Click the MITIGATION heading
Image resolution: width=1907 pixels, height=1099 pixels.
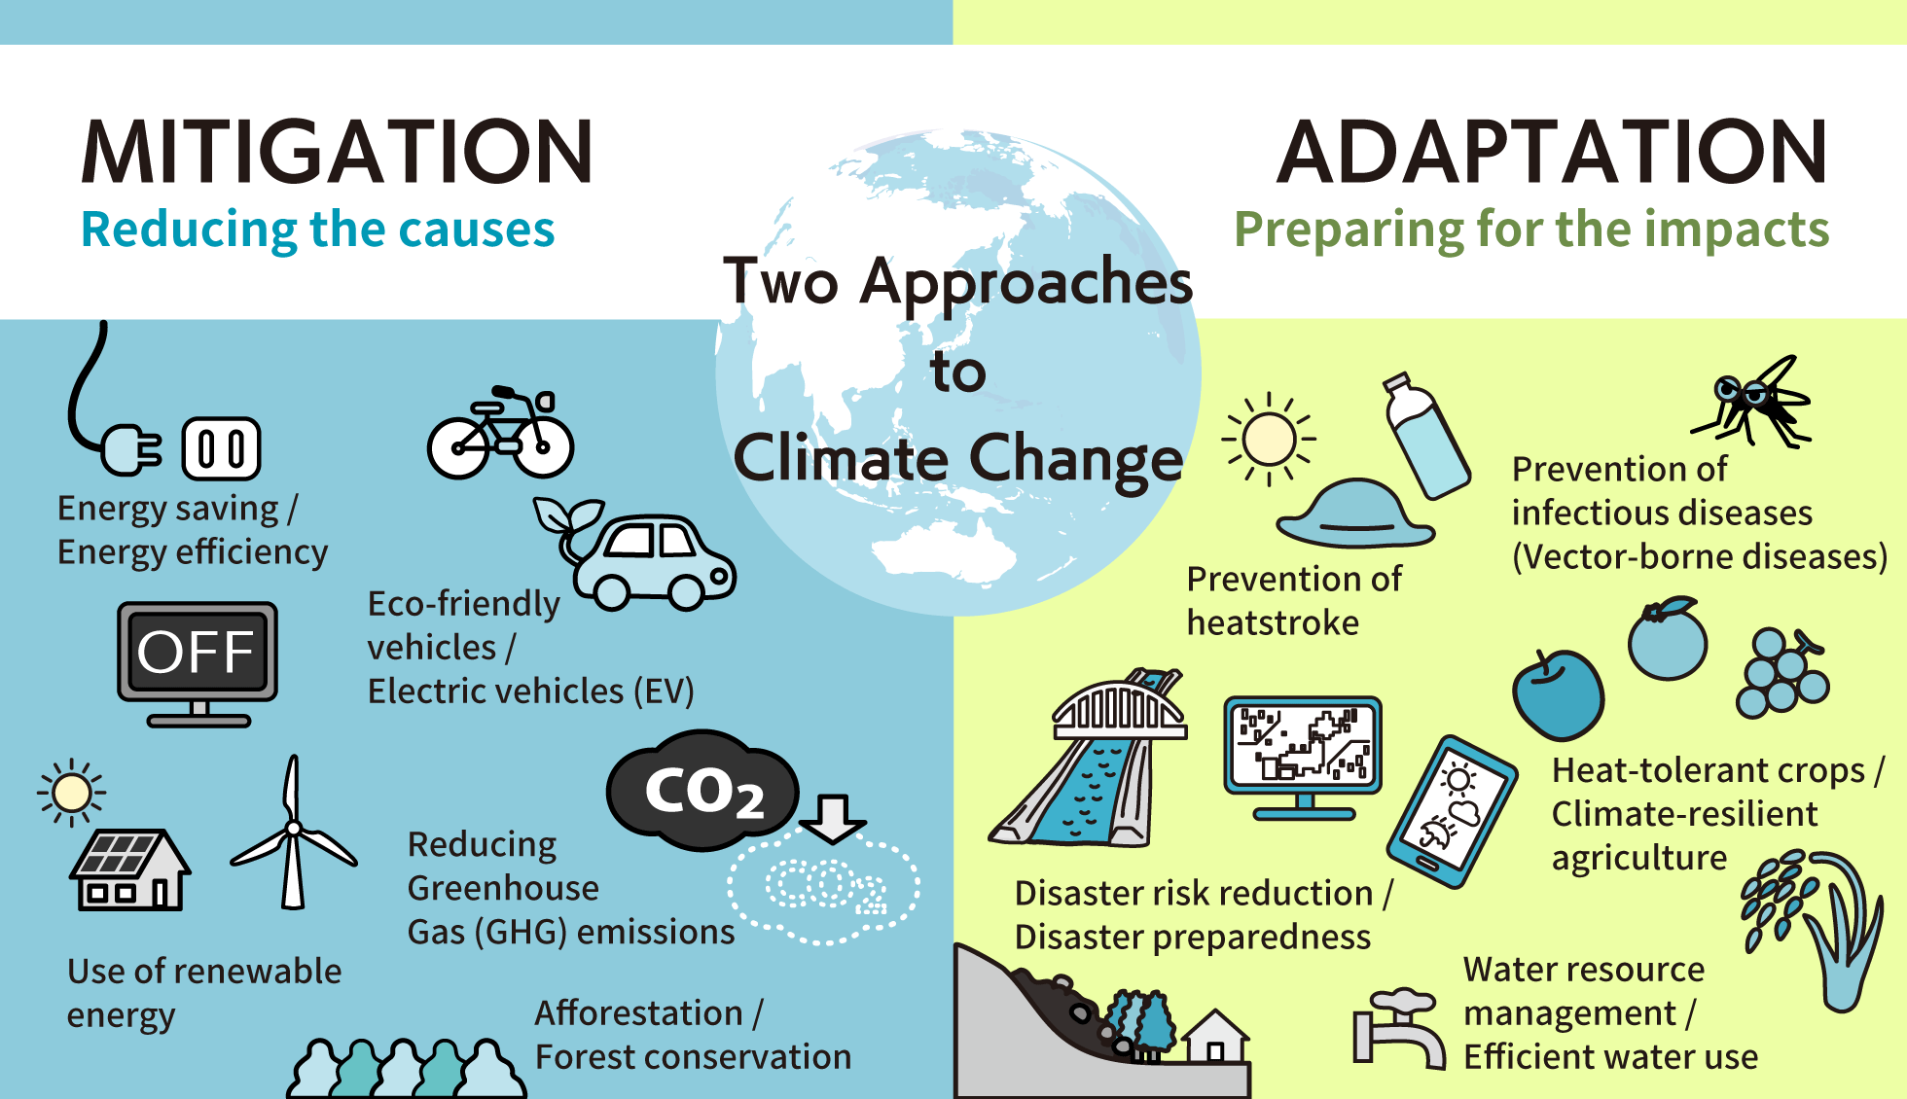[337, 152]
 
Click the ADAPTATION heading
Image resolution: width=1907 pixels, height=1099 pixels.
[1552, 152]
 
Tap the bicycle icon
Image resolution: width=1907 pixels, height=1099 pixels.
[501, 435]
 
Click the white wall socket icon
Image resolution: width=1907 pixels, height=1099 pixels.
[221, 449]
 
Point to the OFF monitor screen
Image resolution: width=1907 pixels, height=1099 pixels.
[197, 652]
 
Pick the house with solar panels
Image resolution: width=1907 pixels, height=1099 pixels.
[129, 870]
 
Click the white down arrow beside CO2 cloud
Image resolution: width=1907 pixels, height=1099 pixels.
[832, 818]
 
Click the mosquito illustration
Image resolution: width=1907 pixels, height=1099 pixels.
[1756, 401]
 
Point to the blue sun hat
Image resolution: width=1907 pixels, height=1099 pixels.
[1355, 514]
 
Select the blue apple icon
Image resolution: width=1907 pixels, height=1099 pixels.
[1558, 695]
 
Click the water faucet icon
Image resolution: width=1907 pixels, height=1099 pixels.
[1397, 1029]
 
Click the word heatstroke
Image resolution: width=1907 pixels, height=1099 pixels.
[1273, 622]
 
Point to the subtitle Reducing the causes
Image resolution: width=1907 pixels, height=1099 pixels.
[317, 230]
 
